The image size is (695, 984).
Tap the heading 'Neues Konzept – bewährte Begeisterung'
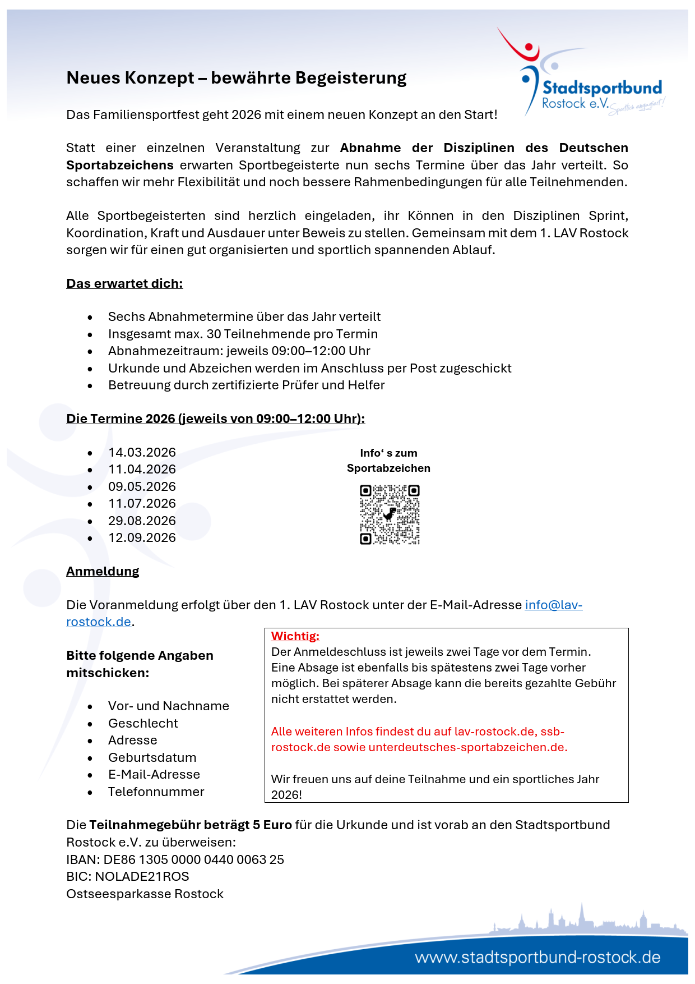pos(236,78)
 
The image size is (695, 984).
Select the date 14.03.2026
pos(142,452)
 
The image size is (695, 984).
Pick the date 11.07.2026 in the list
pos(142,503)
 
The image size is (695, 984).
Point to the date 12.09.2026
pos(142,537)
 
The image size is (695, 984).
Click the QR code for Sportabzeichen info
pos(390,514)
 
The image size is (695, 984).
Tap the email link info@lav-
pos(553,605)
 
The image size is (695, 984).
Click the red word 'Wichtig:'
pos(295,636)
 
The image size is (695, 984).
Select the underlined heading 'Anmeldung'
pos(103,571)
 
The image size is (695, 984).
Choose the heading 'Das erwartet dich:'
pos(124,283)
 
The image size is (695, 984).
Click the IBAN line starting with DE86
pos(175,859)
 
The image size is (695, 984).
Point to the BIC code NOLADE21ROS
pos(142,876)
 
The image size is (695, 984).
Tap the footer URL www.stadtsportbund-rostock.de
pos(538,957)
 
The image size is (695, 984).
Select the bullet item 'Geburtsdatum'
pos(152,757)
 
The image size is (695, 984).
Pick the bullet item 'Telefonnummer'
pos(156,792)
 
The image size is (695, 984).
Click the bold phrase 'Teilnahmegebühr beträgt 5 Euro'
pos(191,825)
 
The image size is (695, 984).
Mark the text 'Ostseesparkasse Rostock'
pos(145,894)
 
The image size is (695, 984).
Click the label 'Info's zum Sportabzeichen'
pos(388,460)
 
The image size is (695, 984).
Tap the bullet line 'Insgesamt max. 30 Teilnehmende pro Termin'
pos(243,334)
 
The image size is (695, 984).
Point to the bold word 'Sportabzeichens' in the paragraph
pos(120,165)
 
